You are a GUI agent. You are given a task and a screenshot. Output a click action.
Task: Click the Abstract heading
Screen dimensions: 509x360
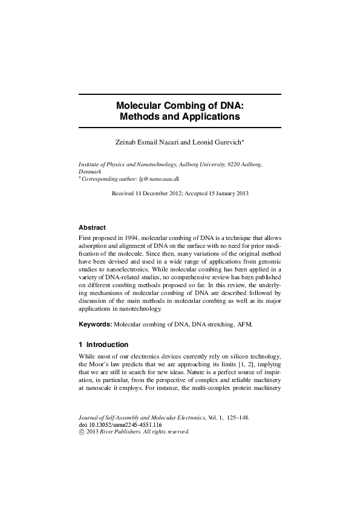[92, 228]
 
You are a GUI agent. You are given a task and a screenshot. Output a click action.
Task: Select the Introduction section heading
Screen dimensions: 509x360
[107, 345]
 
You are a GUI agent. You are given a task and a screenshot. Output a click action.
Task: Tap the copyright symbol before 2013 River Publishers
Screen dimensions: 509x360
[82, 432]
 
